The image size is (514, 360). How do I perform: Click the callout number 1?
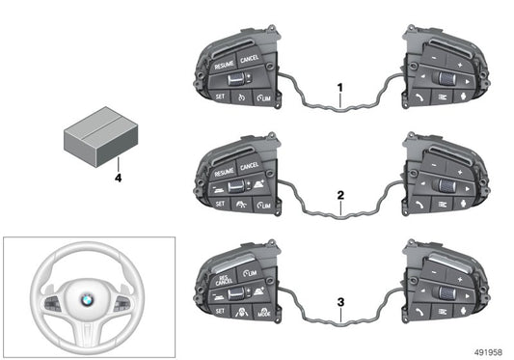[339, 88]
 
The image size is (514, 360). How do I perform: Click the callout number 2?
[339, 195]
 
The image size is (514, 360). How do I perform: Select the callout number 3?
[339, 300]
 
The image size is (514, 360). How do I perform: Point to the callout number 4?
[118, 177]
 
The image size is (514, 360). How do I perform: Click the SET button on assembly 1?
[219, 98]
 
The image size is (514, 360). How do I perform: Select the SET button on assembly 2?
[219, 205]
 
